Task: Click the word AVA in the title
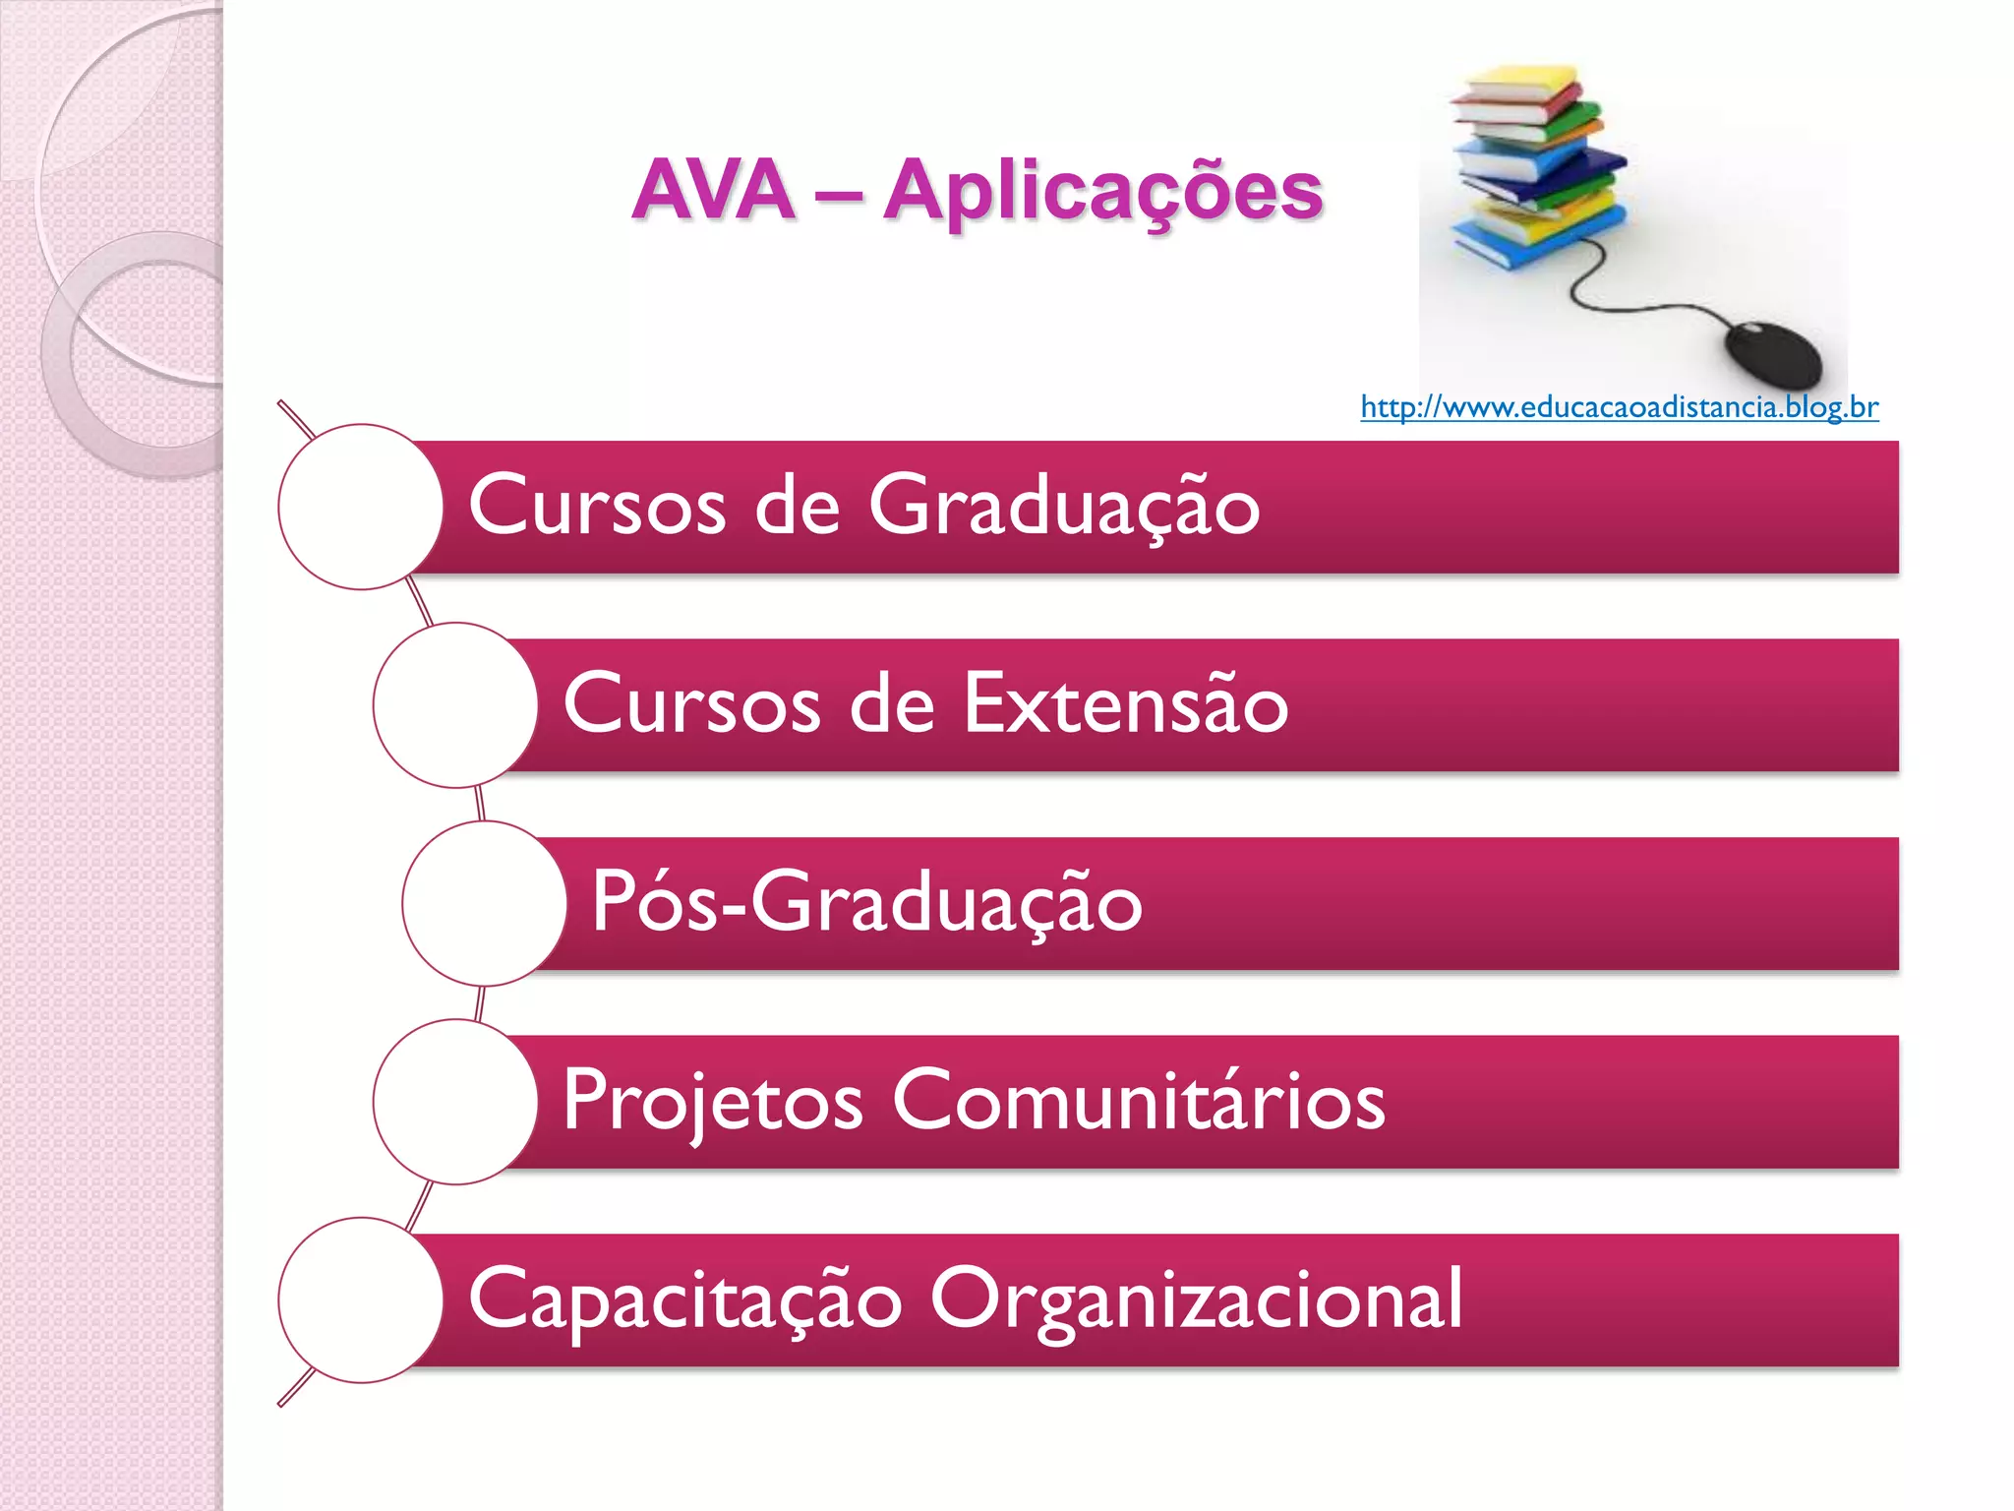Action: tap(714, 190)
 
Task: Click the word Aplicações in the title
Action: tap(1102, 193)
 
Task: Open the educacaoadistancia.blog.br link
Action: tap(1619, 407)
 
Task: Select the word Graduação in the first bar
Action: tap(1063, 506)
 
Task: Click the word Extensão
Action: tap(1125, 704)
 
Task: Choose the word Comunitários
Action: tap(1138, 1101)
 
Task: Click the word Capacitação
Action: tap(684, 1299)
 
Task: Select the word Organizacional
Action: tap(1196, 1299)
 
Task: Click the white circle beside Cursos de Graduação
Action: tap(361, 507)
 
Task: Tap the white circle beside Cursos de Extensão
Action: tap(455, 705)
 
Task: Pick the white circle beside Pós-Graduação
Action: tap(484, 904)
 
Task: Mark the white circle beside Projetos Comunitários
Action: tap(455, 1102)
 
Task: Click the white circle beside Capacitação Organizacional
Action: tap(361, 1300)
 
